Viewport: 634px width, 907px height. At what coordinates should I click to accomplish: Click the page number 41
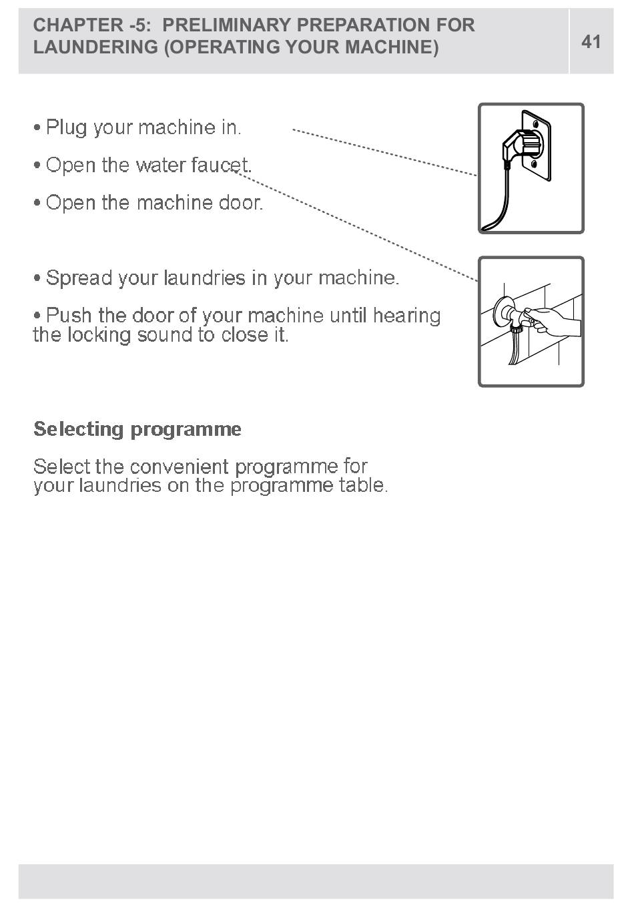(x=591, y=41)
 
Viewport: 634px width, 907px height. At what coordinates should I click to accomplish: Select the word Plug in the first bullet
(x=67, y=127)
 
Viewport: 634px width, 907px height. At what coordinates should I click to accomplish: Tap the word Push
(x=69, y=315)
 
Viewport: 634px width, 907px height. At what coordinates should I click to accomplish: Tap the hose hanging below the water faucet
(x=514, y=350)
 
